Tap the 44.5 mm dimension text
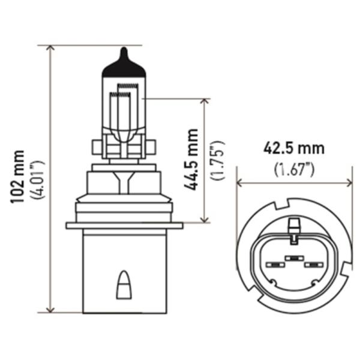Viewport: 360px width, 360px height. point(191,159)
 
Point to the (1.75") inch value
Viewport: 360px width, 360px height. point(217,160)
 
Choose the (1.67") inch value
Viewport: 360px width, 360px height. point(294,169)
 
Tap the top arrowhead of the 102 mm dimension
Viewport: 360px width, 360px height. point(50,49)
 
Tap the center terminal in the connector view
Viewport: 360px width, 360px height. point(293,259)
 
